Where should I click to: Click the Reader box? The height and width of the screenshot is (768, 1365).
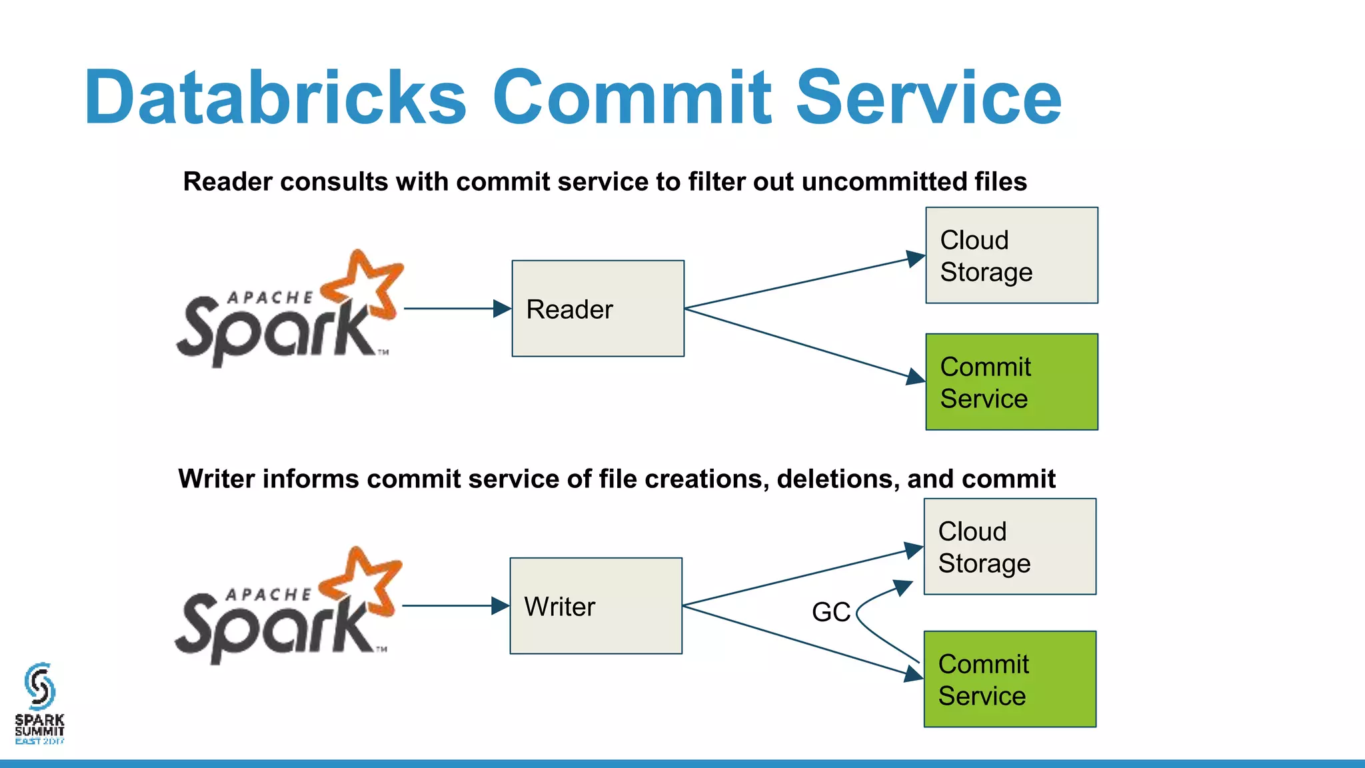[x=598, y=309]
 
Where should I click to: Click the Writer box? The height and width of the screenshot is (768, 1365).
[x=596, y=606]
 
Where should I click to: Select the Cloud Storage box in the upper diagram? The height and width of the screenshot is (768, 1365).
[x=1011, y=255]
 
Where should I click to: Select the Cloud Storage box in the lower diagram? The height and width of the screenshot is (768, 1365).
[x=1009, y=547]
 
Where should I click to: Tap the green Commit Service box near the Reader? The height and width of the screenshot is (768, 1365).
[x=1011, y=382]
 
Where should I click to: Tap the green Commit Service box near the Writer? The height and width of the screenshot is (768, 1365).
[x=1009, y=679]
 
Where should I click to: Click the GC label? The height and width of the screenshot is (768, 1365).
[x=830, y=612]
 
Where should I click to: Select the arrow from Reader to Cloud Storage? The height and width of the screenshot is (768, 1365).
[x=800, y=283]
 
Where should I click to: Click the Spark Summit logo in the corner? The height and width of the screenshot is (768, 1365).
[x=39, y=704]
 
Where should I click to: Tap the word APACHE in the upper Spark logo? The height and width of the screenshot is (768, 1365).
[x=270, y=298]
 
